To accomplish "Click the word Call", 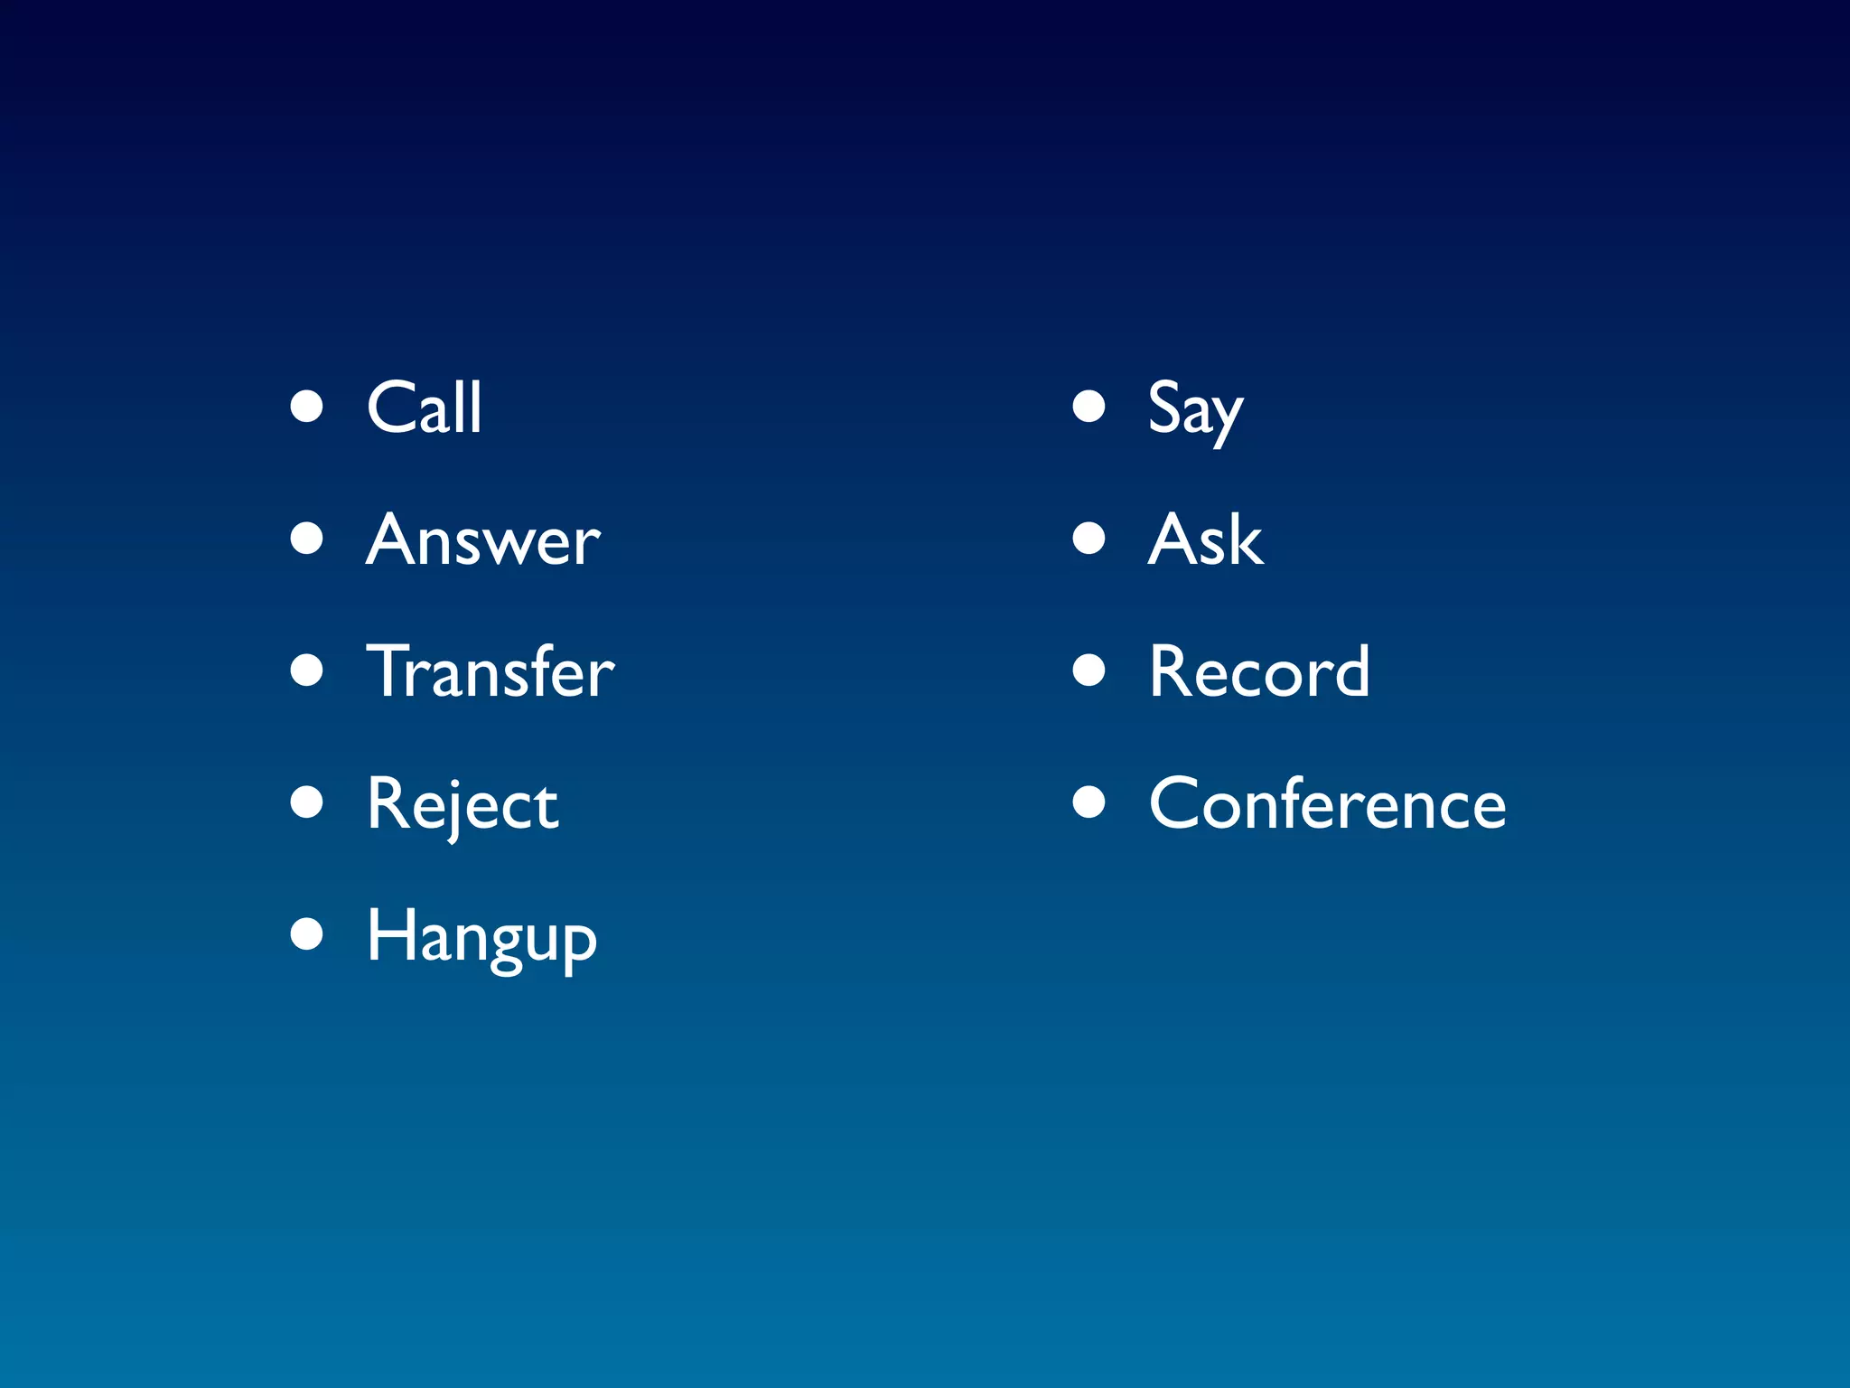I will point(424,408).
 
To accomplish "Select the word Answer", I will point(483,539).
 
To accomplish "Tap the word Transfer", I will point(491,671).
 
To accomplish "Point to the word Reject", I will point(462,804).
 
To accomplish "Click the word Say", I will point(1195,409).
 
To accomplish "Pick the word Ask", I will point(1205,539).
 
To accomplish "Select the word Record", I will point(1259,671).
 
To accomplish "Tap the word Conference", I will point(1327,803).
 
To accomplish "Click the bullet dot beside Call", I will point(307,407).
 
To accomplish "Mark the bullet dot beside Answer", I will point(307,539).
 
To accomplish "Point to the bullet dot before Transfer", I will point(307,671).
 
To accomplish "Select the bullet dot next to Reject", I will point(307,802).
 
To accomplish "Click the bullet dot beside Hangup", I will point(307,934).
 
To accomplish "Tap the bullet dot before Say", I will point(1089,407).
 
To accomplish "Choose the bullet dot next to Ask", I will point(1089,539).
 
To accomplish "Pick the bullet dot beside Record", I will point(1089,671).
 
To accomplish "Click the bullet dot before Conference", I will point(1089,802).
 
